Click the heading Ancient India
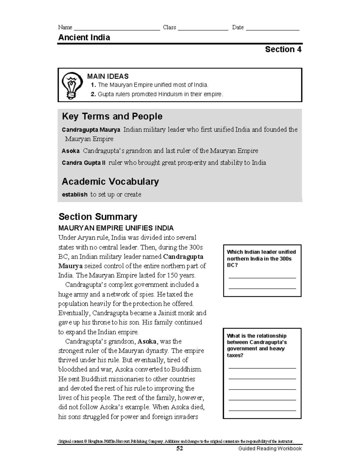click(x=84, y=38)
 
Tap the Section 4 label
click(x=283, y=50)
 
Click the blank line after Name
click(x=117, y=29)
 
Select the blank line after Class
click(x=203, y=29)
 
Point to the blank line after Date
click(x=272, y=29)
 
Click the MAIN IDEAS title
click(x=108, y=77)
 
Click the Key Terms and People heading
click(x=112, y=116)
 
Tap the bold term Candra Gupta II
click(x=84, y=163)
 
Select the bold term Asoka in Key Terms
click(x=70, y=151)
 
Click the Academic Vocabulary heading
click(x=110, y=182)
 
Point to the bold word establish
click(x=74, y=195)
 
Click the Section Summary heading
click(x=98, y=217)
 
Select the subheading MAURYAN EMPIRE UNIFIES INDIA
click(x=116, y=228)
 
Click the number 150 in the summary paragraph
click(x=172, y=275)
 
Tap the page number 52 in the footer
click(x=180, y=449)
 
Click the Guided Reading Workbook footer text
click(x=270, y=449)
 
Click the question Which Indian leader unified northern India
click(x=261, y=258)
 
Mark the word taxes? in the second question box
click(x=235, y=355)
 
